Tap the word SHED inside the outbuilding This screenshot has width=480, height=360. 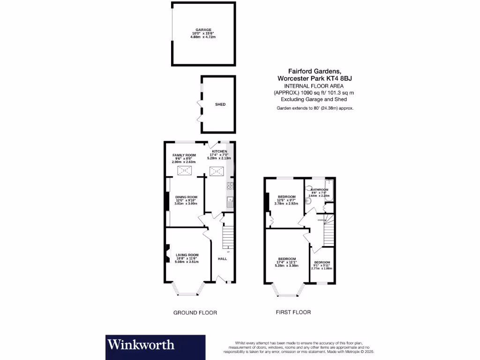pyautogui.click(x=220, y=104)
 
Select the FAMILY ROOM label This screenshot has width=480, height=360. pyautogui.click(x=184, y=155)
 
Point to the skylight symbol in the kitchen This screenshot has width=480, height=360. pyautogui.click(x=217, y=172)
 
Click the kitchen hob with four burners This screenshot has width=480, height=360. pyautogui.click(x=230, y=186)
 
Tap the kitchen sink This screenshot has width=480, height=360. pyautogui.click(x=230, y=202)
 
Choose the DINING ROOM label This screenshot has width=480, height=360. pyautogui.click(x=186, y=197)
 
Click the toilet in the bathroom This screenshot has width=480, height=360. pyautogui.click(x=308, y=201)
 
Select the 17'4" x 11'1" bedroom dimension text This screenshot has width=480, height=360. pyautogui.click(x=286, y=262)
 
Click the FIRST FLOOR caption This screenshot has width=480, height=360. pyautogui.click(x=293, y=312)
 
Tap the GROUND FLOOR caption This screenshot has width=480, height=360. pyautogui.click(x=195, y=313)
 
